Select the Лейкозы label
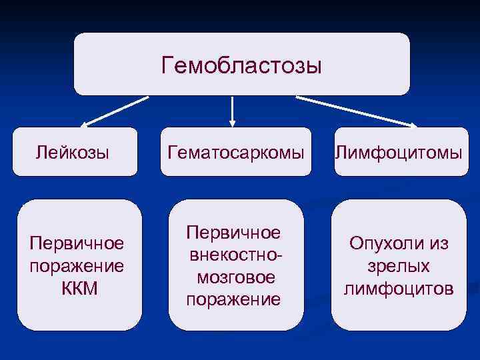(x=73, y=153)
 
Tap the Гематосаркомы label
(x=240, y=153)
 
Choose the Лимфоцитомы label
(x=399, y=153)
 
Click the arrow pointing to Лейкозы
(x=113, y=112)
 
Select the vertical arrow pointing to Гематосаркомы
(x=232, y=111)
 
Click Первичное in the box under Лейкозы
(x=77, y=244)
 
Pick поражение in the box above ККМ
(x=77, y=267)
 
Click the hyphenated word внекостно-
(x=233, y=255)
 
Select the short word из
(x=437, y=244)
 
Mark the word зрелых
(x=399, y=267)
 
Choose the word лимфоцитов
(x=399, y=289)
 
